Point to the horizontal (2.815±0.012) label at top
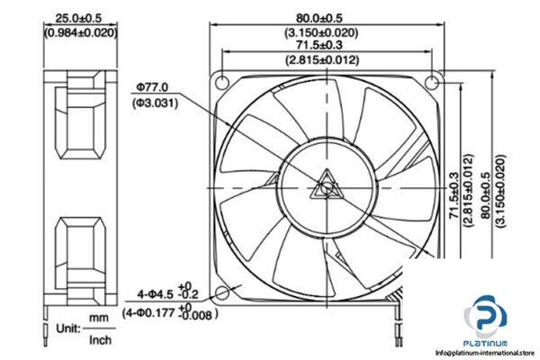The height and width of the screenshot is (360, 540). (x=322, y=60)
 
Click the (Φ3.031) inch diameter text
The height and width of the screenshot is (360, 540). (x=154, y=103)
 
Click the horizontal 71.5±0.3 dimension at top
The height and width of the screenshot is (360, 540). (x=322, y=45)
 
